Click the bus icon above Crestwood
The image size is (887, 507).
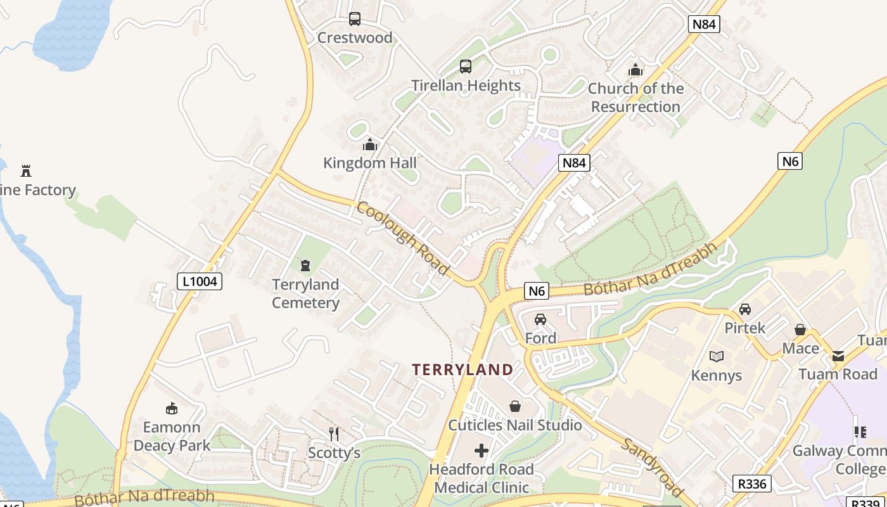click(355, 19)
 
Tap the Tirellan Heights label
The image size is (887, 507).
click(466, 86)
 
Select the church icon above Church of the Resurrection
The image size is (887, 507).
click(635, 70)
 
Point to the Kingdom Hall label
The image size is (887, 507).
click(370, 163)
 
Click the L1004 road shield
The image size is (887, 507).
click(200, 281)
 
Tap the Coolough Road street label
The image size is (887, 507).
click(403, 238)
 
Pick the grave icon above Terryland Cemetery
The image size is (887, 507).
click(305, 265)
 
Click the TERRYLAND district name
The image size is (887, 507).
click(463, 369)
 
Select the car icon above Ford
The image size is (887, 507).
click(540, 319)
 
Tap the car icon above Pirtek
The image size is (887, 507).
click(745, 309)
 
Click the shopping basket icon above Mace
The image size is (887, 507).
click(800, 330)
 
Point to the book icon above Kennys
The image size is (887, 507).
click(717, 357)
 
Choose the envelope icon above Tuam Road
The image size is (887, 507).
click(838, 356)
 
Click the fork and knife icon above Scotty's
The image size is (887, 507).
click(334, 433)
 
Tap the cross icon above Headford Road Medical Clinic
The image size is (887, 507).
click(482, 451)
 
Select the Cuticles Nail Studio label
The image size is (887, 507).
click(515, 425)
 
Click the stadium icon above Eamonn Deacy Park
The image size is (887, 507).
click(171, 408)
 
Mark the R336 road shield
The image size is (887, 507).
click(753, 484)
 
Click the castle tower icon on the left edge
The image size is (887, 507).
click(26, 170)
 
